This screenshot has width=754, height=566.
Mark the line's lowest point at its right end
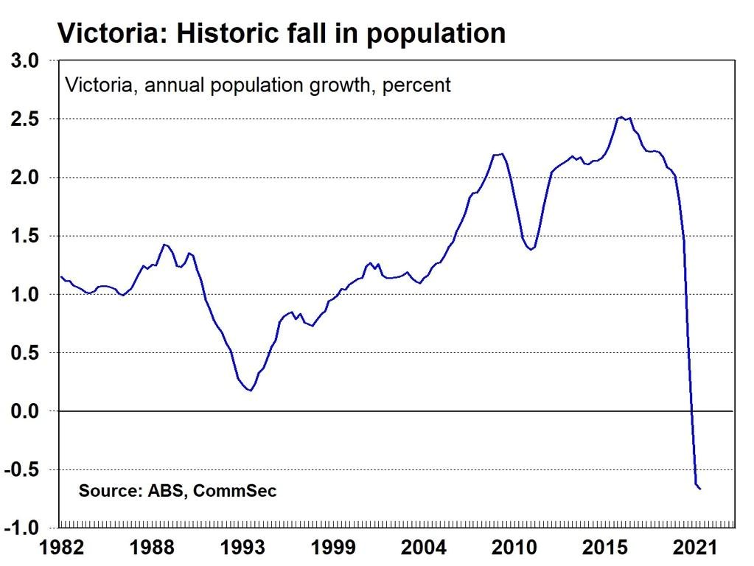[699, 489]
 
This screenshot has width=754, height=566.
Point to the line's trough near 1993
[251, 390]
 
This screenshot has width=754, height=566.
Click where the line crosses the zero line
[691, 410]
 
